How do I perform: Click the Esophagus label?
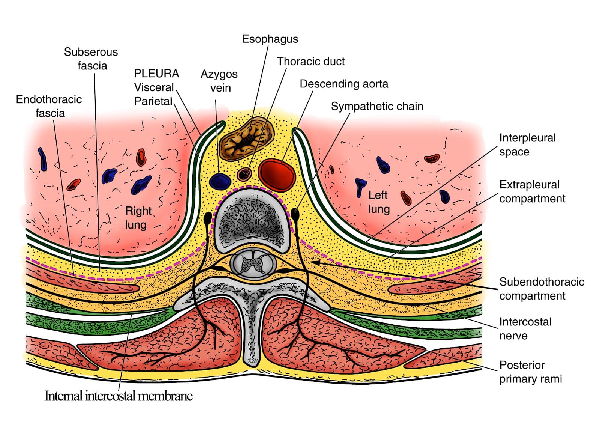coord(270,39)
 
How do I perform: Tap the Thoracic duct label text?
coord(310,62)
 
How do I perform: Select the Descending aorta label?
coord(343,84)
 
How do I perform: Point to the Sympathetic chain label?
coord(377,107)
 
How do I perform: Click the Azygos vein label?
coord(219,81)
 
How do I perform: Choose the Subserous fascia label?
coord(91,59)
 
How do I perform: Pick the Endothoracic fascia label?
coord(49,106)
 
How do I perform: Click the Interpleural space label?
coord(527,145)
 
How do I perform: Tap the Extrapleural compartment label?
coord(532,191)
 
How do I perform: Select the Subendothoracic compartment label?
coord(541,289)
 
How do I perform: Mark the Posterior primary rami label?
coord(530,372)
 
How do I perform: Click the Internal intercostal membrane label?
coord(118,396)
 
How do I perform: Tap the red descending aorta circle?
coord(277,173)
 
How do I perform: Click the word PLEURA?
coord(156,74)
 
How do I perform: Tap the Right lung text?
coord(138,218)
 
